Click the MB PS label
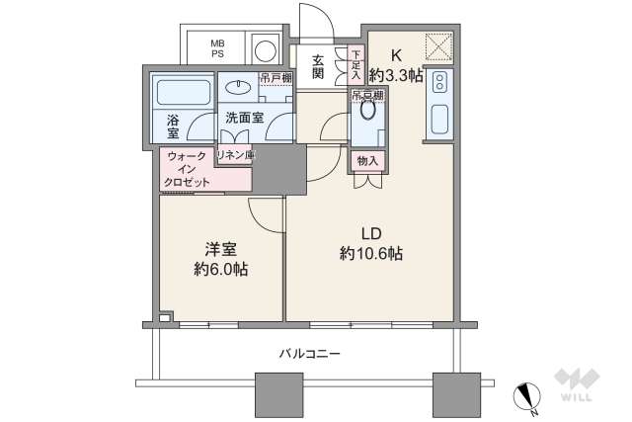pyautogui.click(x=216, y=48)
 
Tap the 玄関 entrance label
pyautogui.click(x=317, y=65)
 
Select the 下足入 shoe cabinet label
pyautogui.click(x=355, y=64)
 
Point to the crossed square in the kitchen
pyautogui.click(x=436, y=47)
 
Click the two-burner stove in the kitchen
pyautogui.click(x=440, y=84)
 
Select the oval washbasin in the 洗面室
pyautogui.click(x=238, y=87)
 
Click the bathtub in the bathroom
pyautogui.click(x=181, y=95)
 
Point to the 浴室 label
pyautogui.click(x=174, y=126)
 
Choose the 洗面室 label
pyautogui.click(x=243, y=117)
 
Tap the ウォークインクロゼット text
pyautogui.click(x=188, y=169)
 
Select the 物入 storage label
pyautogui.click(x=367, y=159)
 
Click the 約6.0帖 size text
pyautogui.click(x=220, y=268)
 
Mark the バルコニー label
pyautogui.click(x=308, y=353)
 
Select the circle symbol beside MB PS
pyautogui.click(x=264, y=48)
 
